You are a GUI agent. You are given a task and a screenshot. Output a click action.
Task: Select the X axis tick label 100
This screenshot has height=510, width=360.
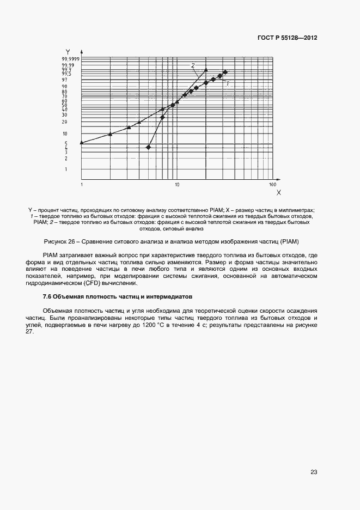point(273,185)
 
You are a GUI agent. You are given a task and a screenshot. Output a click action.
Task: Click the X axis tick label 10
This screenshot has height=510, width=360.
point(177,185)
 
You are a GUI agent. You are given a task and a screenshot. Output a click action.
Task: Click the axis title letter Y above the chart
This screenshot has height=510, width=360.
point(68,52)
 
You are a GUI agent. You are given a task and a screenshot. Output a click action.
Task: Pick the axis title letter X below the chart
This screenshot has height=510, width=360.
point(278,192)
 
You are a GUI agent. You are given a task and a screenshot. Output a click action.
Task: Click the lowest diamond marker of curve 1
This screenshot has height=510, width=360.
point(149,147)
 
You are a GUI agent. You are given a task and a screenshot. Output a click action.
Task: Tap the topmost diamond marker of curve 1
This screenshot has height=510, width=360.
point(225,72)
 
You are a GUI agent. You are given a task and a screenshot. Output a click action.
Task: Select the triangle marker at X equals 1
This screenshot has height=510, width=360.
point(82,143)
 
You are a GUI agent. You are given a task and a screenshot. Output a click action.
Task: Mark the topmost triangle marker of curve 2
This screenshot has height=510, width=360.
point(206,70)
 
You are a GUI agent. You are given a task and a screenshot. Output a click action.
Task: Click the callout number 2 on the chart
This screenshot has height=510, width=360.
point(193,65)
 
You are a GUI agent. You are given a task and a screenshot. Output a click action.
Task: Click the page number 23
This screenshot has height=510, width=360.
point(314,472)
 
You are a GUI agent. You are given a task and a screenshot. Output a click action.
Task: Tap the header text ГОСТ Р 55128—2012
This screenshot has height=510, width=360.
point(287,38)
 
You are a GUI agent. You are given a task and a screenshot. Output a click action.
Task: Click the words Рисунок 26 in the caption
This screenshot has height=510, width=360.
point(59,241)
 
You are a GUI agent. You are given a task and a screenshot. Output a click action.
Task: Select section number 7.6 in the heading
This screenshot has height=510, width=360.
point(48,296)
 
